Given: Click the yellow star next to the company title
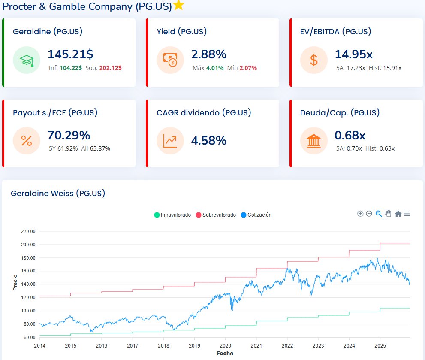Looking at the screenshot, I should (179, 5).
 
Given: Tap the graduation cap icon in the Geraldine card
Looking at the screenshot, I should (27, 60).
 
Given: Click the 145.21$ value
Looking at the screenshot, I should (70, 54).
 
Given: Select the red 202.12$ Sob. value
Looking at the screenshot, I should (110, 68).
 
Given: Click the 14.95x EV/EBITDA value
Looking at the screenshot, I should (353, 54).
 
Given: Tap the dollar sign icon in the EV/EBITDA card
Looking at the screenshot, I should (314, 60).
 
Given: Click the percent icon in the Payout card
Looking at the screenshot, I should (27, 141).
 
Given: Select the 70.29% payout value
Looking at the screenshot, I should (69, 135).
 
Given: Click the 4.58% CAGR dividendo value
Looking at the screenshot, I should (209, 140).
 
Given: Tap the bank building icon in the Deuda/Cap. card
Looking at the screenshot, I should (314, 141).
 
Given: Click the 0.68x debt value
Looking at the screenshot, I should (350, 135).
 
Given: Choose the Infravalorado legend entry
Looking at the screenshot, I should (172, 215).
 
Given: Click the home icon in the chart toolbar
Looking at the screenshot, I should (398, 214).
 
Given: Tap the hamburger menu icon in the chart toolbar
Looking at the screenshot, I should (407, 214).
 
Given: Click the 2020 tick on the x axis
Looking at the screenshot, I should (226, 346).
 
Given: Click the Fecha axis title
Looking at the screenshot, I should (225, 353).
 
